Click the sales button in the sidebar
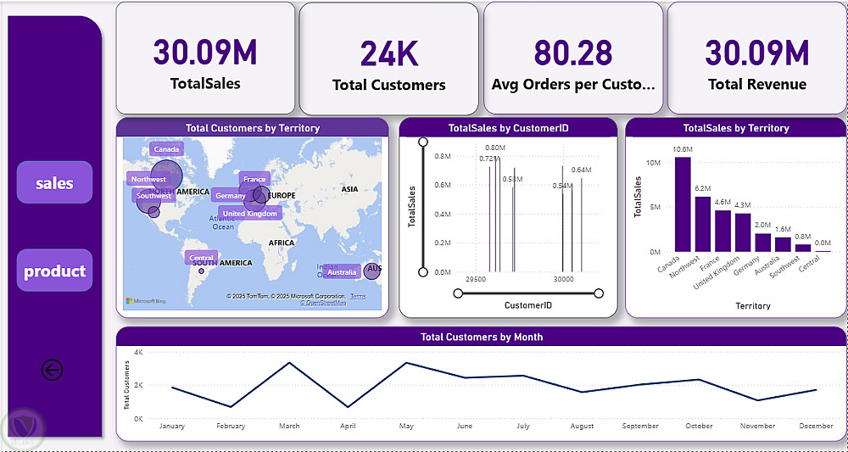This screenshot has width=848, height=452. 54,183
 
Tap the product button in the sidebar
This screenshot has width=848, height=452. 54,271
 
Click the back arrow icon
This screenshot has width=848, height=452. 52,370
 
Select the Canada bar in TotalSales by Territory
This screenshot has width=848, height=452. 683,204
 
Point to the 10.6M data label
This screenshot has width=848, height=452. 683,150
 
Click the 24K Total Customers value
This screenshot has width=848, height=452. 388,53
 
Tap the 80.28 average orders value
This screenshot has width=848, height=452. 573,53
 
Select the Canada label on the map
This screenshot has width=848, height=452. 167,150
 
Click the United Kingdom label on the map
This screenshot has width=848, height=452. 249,214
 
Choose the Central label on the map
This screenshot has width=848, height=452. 201,258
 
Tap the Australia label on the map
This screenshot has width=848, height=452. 342,272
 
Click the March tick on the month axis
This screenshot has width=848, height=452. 289,426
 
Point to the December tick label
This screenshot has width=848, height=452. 816,426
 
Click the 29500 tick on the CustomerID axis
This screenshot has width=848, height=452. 476,279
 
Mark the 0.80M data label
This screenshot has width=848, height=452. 495,148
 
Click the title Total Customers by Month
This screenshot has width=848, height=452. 482,337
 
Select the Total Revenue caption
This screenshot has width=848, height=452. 757,84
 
